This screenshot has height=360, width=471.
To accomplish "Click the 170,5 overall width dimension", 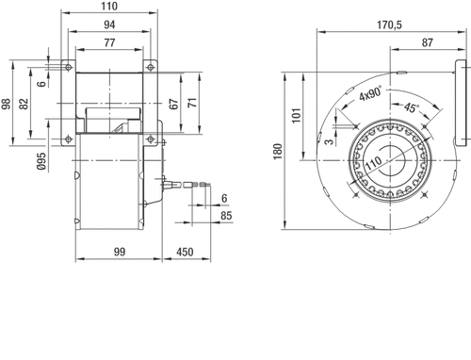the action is click(389, 25).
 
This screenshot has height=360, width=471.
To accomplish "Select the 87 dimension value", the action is click(428, 42).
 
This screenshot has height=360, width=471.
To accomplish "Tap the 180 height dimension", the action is click(278, 152).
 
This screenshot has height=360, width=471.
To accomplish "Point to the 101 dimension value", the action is click(297, 115).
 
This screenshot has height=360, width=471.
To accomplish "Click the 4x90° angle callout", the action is click(371, 93).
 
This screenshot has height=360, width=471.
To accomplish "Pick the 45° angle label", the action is click(412, 107).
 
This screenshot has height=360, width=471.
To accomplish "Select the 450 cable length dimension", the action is click(185, 252).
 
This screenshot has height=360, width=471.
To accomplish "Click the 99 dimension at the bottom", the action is click(120, 252).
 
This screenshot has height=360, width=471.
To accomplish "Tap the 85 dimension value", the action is click(226, 216).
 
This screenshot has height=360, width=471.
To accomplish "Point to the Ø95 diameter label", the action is click(41, 161).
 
